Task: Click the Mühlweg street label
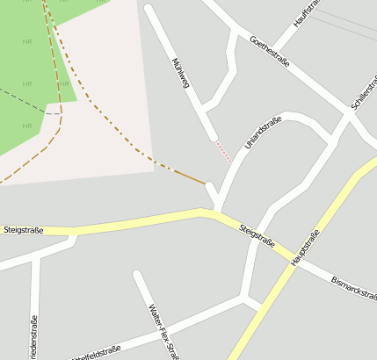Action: click(182, 72)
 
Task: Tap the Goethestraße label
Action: click(269, 54)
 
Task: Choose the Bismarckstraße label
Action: click(353, 290)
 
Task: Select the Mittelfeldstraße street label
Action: click(97, 352)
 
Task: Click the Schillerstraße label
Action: click(363, 93)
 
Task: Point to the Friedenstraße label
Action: click(33, 338)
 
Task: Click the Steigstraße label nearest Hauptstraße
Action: click(257, 236)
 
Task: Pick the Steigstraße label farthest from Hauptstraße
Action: click(23, 230)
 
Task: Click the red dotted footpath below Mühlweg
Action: click(224, 151)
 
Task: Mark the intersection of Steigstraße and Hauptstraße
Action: click(288, 255)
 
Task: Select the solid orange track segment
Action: click(190, 176)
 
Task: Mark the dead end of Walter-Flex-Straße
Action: click(136, 275)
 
